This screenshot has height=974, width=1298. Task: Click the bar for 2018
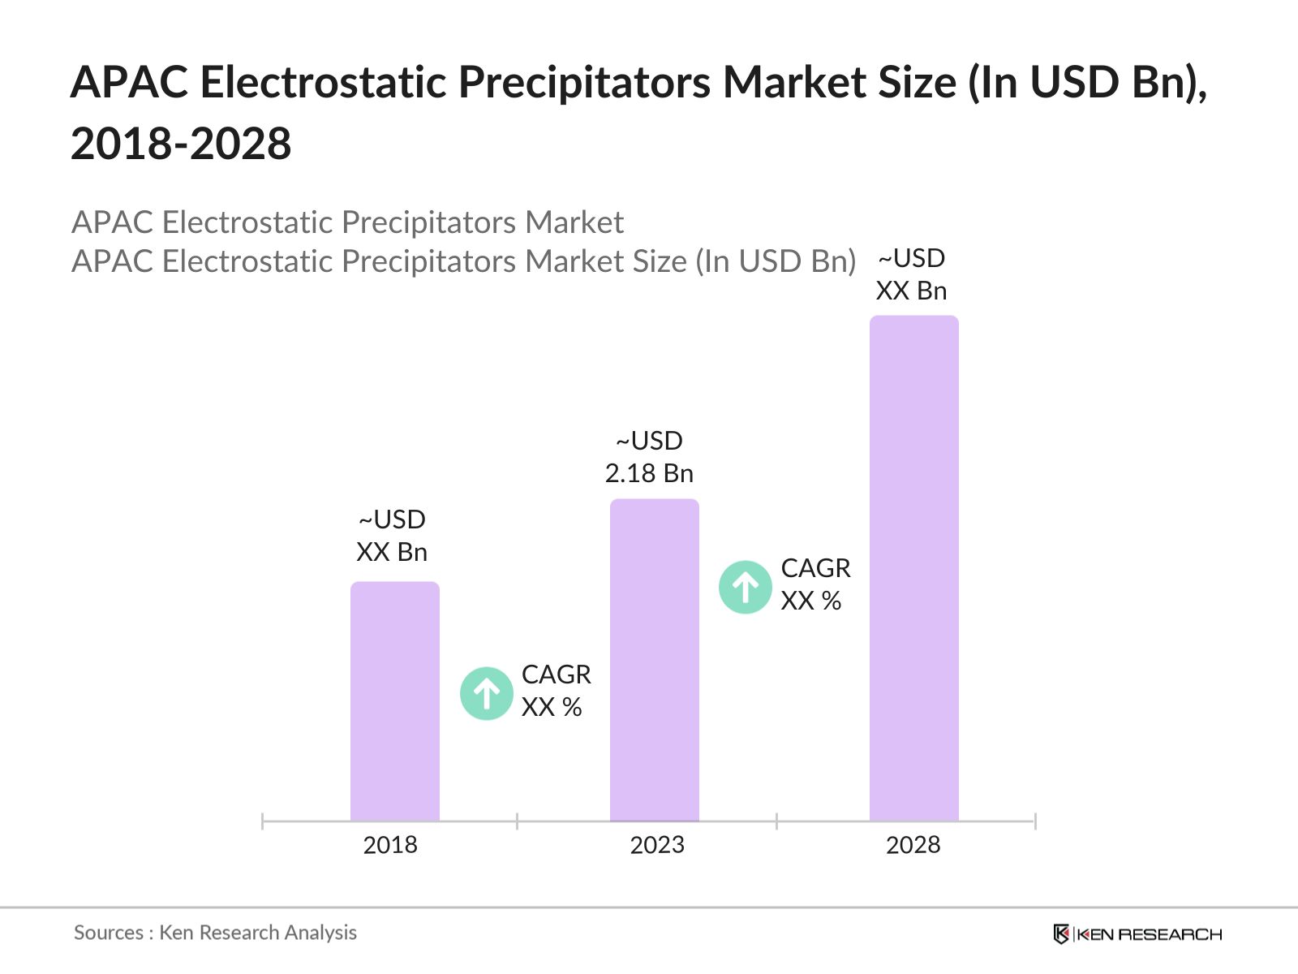click(394, 702)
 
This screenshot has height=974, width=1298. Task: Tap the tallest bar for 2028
click(913, 568)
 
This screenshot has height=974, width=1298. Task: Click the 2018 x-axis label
click(390, 845)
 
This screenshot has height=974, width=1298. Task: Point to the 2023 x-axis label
click(657, 845)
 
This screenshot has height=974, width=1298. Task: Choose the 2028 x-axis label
click(913, 845)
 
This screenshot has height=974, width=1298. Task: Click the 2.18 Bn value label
click(649, 473)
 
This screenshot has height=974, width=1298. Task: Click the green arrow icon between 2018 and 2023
click(487, 693)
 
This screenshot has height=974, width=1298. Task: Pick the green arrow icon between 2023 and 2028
click(745, 587)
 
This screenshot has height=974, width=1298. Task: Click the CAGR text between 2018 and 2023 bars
click(556, 674)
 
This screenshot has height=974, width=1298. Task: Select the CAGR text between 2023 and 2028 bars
click(815, 568)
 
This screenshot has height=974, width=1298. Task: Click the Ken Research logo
click(1137, 934)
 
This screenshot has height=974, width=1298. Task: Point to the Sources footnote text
click(215, 933)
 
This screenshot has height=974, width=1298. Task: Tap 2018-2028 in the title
click(181, 144)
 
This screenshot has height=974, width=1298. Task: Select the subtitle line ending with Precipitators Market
click(347, 222)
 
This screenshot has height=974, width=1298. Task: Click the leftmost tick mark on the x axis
click(263, 821)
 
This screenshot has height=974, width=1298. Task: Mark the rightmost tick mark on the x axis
click(1035, 821)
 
